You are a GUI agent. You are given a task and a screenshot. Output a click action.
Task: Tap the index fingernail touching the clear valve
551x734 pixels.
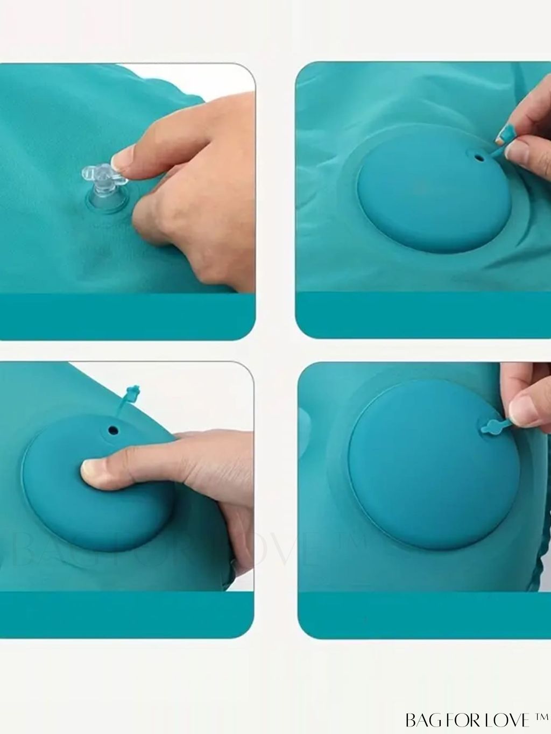(121, 164)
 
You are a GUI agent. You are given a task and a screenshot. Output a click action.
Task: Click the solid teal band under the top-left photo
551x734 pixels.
(128, 316)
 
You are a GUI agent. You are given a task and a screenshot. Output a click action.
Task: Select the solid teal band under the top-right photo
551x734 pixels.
(423, 315)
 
